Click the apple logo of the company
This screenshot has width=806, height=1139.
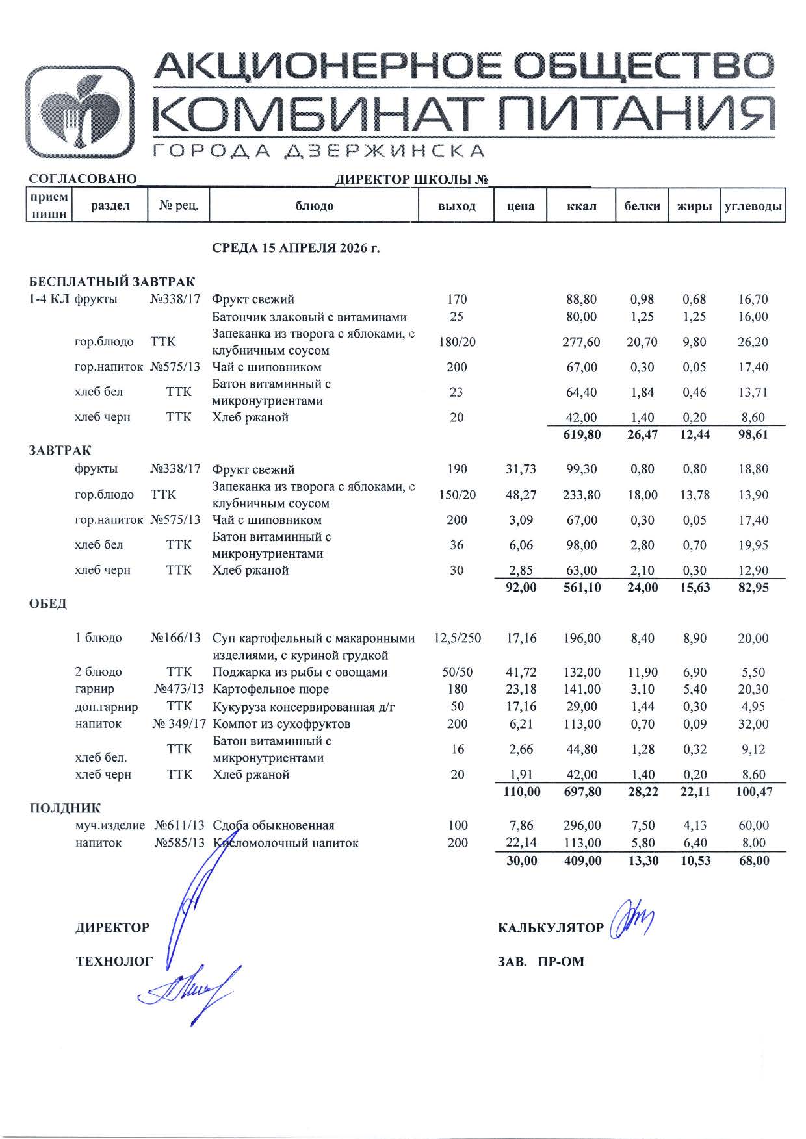(79, 113)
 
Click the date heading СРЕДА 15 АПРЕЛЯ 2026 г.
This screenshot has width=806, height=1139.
(296, 248)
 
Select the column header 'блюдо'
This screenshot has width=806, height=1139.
(314, 206)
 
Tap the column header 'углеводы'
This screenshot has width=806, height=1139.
(753, 206)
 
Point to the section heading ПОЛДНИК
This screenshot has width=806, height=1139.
(65, 808)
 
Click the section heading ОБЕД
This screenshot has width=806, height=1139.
(48, 604)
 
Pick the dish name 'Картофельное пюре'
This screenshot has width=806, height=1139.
(270, 689)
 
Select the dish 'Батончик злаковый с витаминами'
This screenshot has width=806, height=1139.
(309, 317)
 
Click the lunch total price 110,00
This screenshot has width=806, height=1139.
(521, 792)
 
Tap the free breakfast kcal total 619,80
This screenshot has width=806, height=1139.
(582, 434)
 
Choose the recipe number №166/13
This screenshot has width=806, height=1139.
(176, 638)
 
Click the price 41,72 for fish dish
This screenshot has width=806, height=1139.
(521, 672)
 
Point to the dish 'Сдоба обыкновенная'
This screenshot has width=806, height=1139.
(273, 825)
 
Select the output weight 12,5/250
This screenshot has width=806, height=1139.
(457, 638)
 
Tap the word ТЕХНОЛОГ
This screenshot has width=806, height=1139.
(114, 961)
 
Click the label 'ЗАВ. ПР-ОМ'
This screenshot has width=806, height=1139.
(541, 962)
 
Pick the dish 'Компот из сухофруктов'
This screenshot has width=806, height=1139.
(281, 723)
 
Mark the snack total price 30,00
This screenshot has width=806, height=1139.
(521, 860)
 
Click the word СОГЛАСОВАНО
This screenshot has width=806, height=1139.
(83, 179)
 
